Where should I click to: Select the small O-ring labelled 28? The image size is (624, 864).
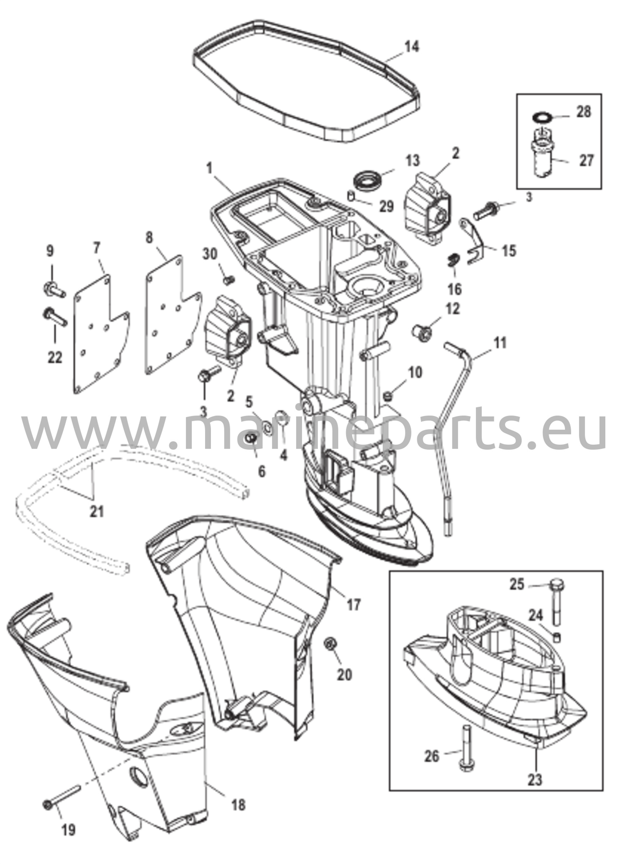[x=541, y=116]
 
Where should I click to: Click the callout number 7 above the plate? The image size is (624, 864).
[x=97, y=249]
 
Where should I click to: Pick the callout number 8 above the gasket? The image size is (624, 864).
[x=149, y=238]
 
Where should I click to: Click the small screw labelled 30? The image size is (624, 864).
[x=230, y=279]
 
